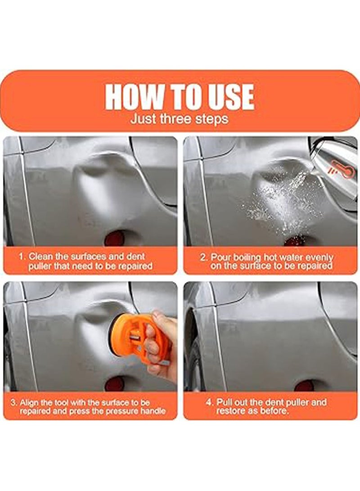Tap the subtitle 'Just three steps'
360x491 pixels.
tap(179, 119)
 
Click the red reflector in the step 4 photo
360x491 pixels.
tap(305, 385)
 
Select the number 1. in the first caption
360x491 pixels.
tap(22, 257)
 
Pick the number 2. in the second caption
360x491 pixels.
tap(203, 257)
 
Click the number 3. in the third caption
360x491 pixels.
tap(14, 402)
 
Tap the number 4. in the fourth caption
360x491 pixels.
tap(209, 402)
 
